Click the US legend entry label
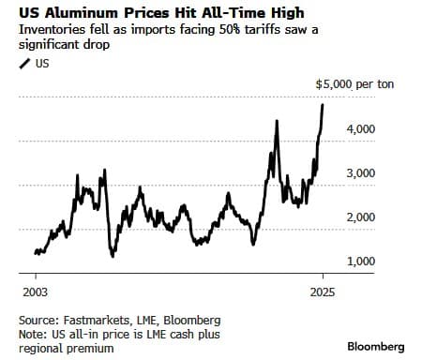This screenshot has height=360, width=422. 42,63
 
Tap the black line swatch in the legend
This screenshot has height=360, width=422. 25,63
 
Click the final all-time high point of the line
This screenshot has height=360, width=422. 323,104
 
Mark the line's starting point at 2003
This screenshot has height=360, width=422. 36,252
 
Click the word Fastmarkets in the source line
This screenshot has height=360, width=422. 98,320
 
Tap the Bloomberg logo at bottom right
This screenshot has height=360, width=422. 376,347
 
